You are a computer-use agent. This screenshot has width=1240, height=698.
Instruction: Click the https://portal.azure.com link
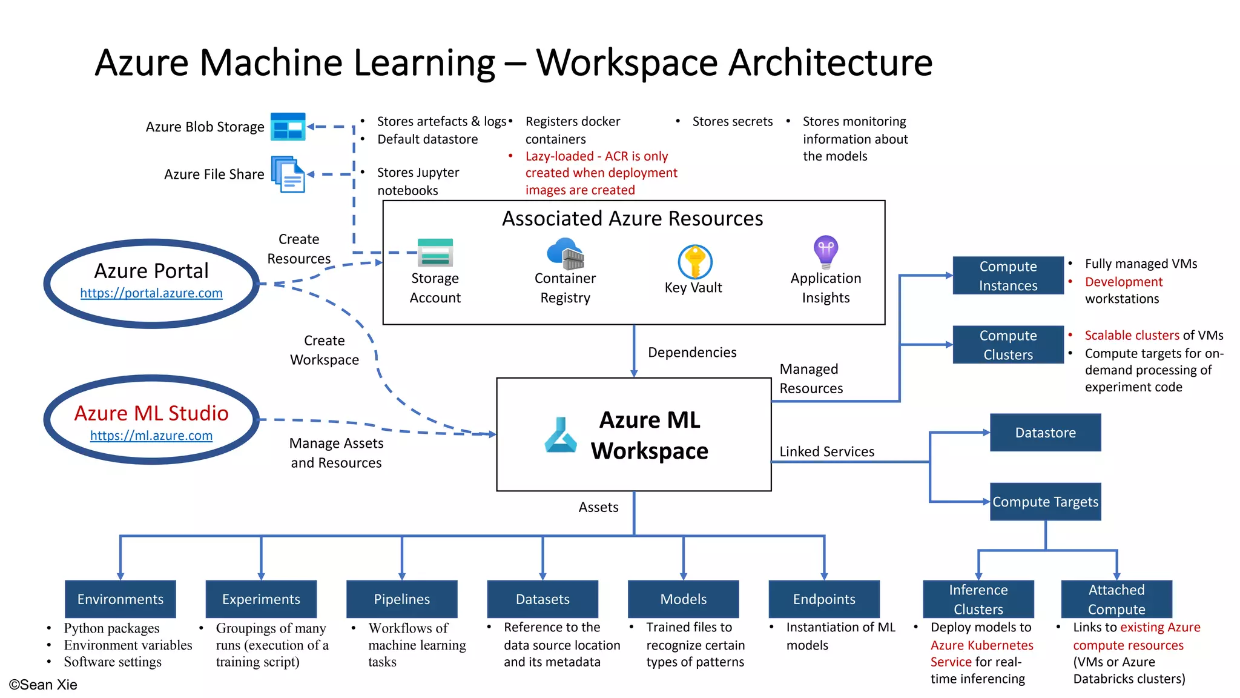(x=151, y=293)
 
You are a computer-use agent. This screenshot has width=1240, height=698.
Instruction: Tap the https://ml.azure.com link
(x=151, y=436)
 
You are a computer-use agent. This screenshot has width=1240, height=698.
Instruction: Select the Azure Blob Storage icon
(x=288, y=127)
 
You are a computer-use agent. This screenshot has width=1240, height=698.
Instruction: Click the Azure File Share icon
(x=288, y=174)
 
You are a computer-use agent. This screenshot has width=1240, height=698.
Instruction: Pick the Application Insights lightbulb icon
(x=826, y=251)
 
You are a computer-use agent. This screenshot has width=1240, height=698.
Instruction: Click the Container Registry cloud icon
(x=565, y=253)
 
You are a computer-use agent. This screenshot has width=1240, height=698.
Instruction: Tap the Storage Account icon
(x=435, y=253)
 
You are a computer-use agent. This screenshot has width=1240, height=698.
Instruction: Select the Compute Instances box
(x=1008, y=276)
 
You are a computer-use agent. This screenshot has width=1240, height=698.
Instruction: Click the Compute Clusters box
(x=1008, y=345)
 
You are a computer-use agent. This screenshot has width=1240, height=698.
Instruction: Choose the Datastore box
(x=1045, y=433)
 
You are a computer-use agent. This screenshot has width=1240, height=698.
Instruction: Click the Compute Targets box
(x=1045, y=502)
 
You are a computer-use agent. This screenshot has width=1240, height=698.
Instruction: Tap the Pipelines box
(x=401, y=599)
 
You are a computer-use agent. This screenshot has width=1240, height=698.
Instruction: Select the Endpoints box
(x=824, y=599)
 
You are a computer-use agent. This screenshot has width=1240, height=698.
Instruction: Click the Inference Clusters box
(x=978, y=599)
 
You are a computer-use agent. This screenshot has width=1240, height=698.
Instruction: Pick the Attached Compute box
(x=1116, y=599)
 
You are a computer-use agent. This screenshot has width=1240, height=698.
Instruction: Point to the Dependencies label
(x=692, y=353)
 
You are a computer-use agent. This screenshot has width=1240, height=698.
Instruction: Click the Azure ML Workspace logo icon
(x=561, y=435)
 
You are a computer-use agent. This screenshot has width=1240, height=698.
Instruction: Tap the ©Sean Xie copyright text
(x=43, y=685)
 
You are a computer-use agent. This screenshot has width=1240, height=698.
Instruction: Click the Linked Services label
(x=826, y=451)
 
